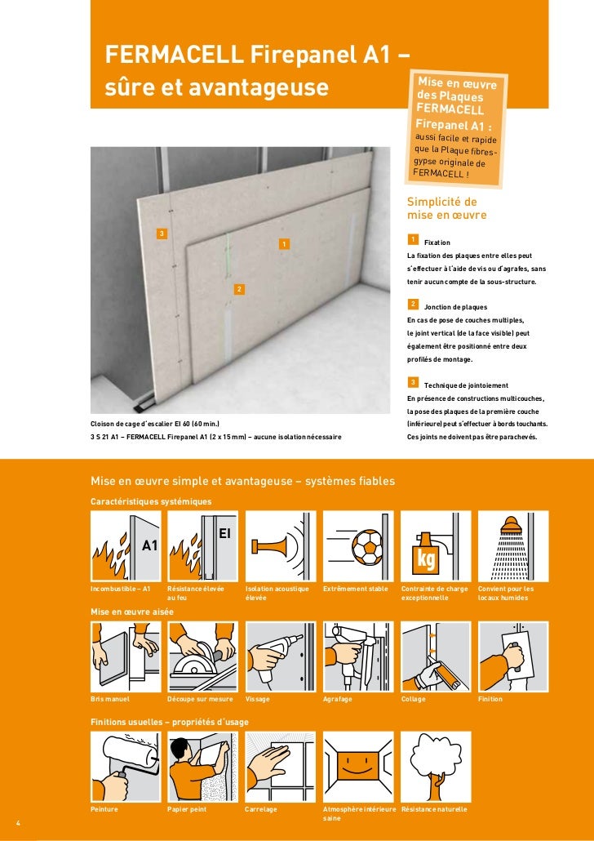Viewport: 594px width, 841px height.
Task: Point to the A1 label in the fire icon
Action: pos(149,545)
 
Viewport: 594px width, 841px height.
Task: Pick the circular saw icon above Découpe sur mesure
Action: pos(197,657)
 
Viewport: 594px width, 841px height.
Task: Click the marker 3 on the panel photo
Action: pos(162,234)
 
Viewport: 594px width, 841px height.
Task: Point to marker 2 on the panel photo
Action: pos(238,290)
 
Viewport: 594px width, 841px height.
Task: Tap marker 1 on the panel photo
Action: pos(282,244)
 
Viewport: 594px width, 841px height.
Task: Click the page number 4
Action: pos(18,822)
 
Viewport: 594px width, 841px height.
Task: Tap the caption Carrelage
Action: pos(261,809)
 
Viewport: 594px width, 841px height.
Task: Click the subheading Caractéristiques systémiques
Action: pos(151,501)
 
